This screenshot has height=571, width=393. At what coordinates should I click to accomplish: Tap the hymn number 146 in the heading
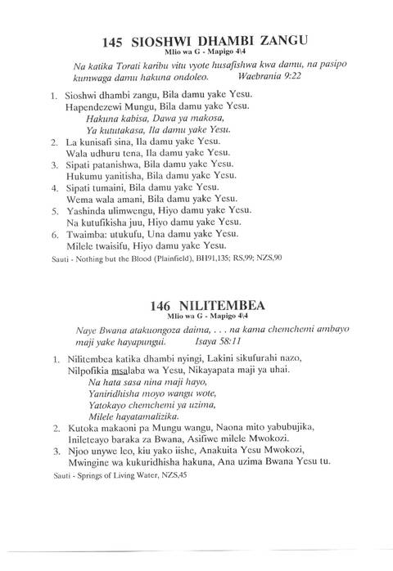click(164, 304)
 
